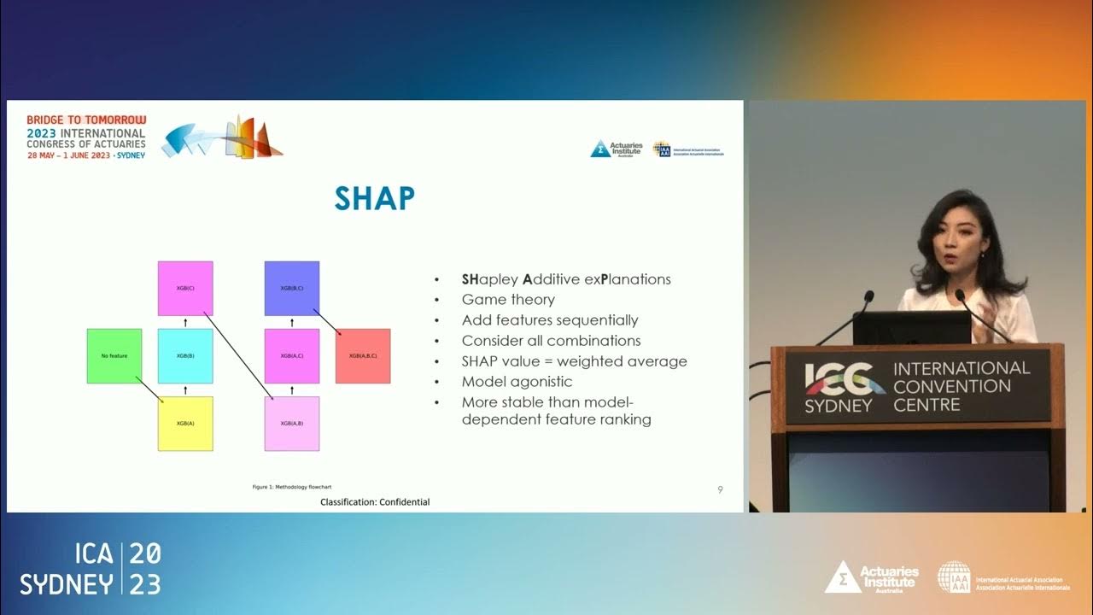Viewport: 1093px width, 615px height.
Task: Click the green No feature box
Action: click(114, 355)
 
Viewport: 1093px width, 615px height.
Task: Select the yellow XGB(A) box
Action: click(185, 424)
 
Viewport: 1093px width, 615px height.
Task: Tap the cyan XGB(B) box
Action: click(185, 355)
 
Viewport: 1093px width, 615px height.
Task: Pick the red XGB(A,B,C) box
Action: click(363, 355)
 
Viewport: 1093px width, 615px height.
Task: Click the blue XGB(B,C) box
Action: click(292, 288)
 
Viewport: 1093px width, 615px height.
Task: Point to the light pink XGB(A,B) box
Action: click(292, 424)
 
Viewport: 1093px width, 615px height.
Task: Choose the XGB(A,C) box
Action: click(292, 355)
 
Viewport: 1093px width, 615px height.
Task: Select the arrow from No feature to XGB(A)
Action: click(150, 390)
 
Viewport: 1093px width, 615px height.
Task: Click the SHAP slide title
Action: click(374, 198)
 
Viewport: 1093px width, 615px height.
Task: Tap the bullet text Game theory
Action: click(508, 300)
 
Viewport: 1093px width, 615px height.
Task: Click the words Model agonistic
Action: click(517, 382)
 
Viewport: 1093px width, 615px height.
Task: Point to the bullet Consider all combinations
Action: click(551, 341)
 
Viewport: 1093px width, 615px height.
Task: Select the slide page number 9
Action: click(720, 489)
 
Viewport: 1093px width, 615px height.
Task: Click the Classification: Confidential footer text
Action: click(375, 502)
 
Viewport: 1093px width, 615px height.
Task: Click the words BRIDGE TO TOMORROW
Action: click(86, 120)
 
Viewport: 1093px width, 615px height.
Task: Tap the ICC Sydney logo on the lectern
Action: click(842, 387)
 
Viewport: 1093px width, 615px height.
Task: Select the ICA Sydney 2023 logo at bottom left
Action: click(91, 568)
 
